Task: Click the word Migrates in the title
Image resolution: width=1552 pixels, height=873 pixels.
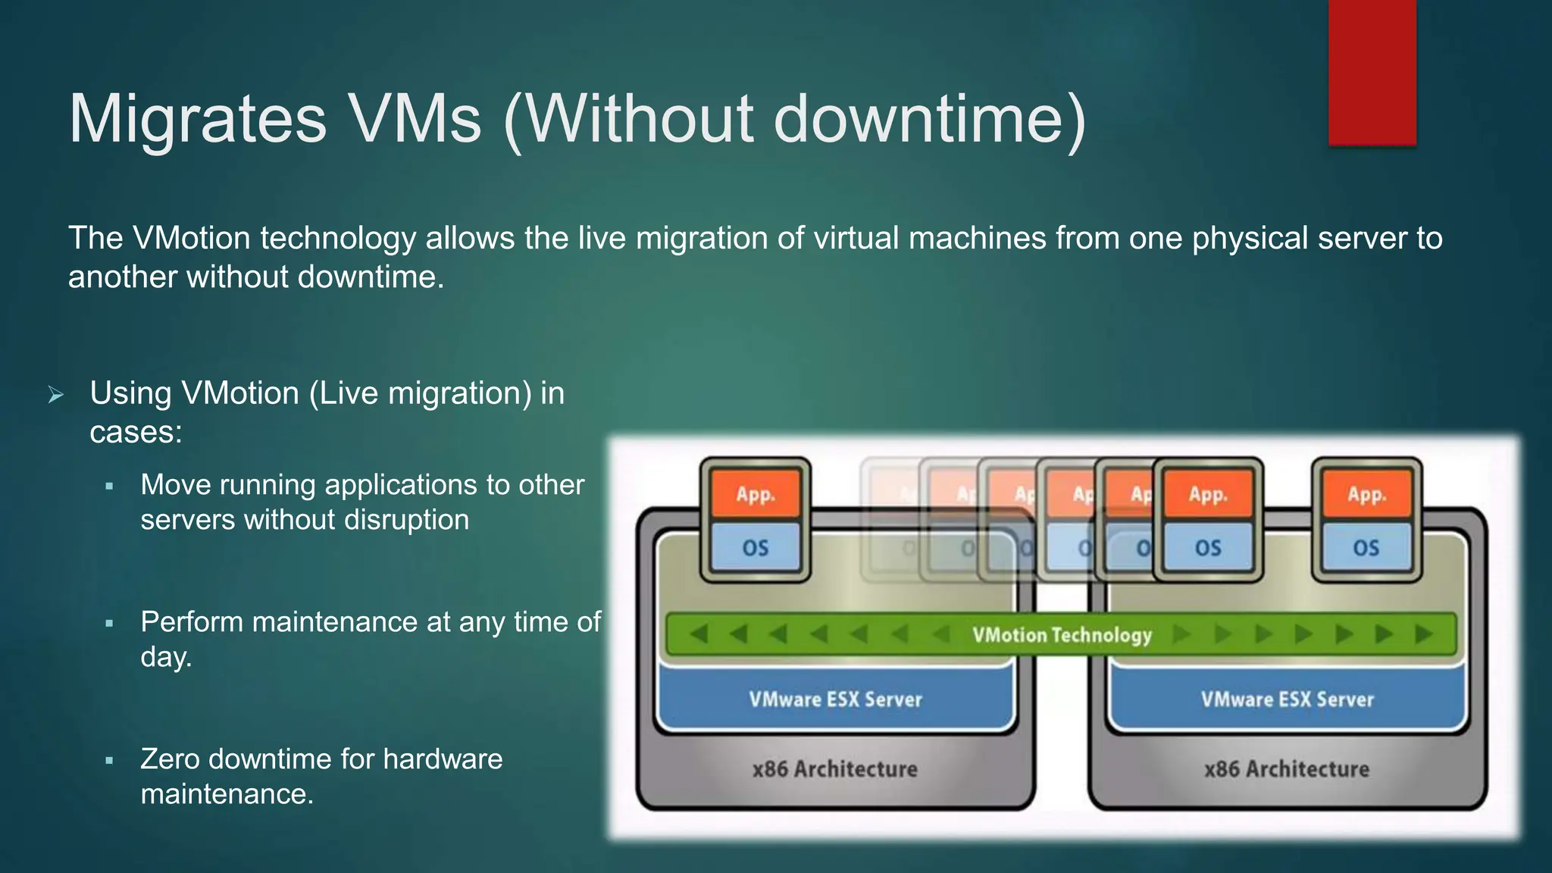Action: pyautogui.click(x=197, y=119)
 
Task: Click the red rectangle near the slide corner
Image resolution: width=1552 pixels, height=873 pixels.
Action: pyautogui.click(x=1372, y=72)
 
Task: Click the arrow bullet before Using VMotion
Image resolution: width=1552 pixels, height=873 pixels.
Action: pyautogui.click(x=55, y=395)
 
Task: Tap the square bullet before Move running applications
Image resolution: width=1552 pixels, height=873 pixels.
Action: pyautogui.click(x=110, y=487)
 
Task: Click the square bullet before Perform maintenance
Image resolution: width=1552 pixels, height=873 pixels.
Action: pyautogui.click(x=110, y=624)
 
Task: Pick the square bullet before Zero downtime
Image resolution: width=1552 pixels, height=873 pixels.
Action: pyautogui.click(x=110, y=761)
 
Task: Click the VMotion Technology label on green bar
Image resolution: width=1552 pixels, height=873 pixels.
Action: pyautogui.click(x=1062, y=635)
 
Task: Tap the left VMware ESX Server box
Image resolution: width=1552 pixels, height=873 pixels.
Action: pyautogui.click(x=835, y=699)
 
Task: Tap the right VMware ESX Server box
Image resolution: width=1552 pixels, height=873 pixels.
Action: pyautogui.click(x=1287, y=699)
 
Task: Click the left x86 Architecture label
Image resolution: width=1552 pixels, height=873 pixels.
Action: pyautogui.click(x=834, y=769)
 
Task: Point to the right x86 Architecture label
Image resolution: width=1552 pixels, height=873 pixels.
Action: pyautogui.click(x=1287, y=769)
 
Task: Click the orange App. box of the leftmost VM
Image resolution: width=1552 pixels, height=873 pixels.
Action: pyautogui.click(x=755, y=494)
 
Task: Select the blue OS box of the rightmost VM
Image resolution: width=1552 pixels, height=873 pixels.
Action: pyautogui.click(x=1366, y=548)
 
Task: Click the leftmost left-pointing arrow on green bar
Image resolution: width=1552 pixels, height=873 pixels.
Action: pyautogui.click(x=699, y=634)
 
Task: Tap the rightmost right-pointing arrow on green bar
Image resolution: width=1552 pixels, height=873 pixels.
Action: pyautogui.click(x=1424, y=634)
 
